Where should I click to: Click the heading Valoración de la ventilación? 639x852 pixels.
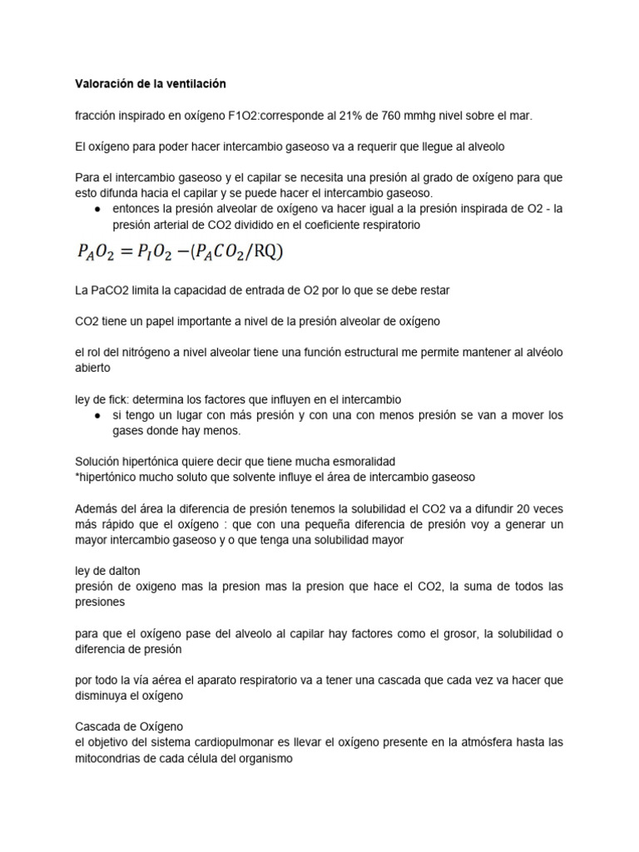coord(150,84)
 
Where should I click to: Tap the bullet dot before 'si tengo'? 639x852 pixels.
coord(98,414)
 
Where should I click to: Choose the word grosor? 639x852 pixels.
coord(434,633)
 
